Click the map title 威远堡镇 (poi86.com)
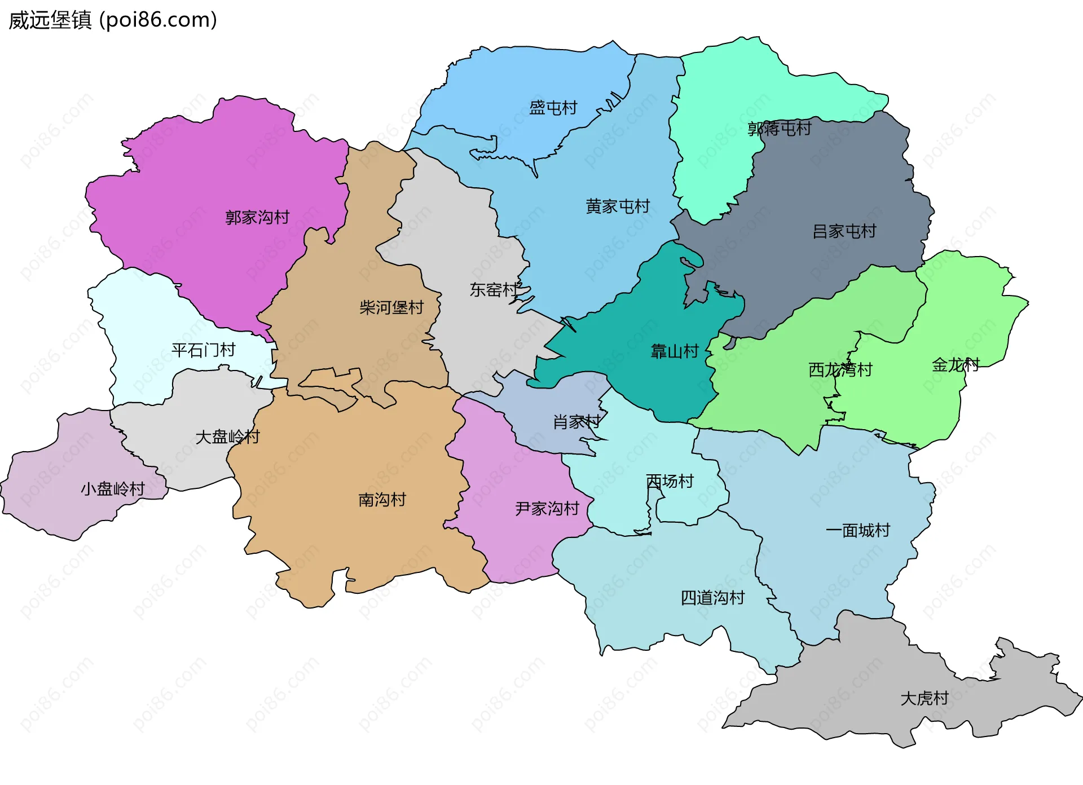[113, 20]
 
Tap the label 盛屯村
[553, 108]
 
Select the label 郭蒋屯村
[779, 129]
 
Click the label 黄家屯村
[618, 206]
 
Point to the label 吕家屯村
[844, 231]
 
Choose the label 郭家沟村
[257, 217]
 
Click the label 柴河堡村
[391, 307]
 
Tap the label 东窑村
[494, 290]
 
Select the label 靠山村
[675, 352]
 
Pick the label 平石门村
[203, 350]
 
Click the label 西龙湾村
[840, 370]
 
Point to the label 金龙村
[956, 365]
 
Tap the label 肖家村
[576, 422]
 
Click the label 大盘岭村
[227, 437]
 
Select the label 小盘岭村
[113, 489]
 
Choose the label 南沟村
[382, 500]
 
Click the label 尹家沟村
[547, 509]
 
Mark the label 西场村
[670, 482]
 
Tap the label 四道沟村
[712, 598]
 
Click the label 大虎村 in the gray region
[924, 699]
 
